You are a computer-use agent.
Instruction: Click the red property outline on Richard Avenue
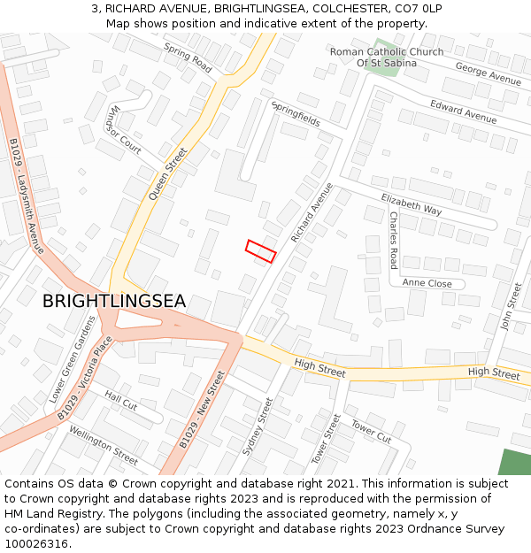[261, 250]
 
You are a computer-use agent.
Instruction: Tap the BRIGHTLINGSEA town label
[114, 302]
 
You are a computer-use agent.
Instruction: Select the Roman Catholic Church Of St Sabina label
[387, 58]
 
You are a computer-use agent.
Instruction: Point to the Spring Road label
[188, 58]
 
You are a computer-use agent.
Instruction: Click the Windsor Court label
[123, 130]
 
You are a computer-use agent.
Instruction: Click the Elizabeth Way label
[412, 204]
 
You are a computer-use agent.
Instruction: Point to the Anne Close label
[427, 283]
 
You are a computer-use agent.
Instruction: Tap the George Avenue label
[489, 73]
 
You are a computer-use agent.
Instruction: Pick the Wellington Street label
[104, 445]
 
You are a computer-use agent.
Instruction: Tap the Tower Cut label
[371, 432]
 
